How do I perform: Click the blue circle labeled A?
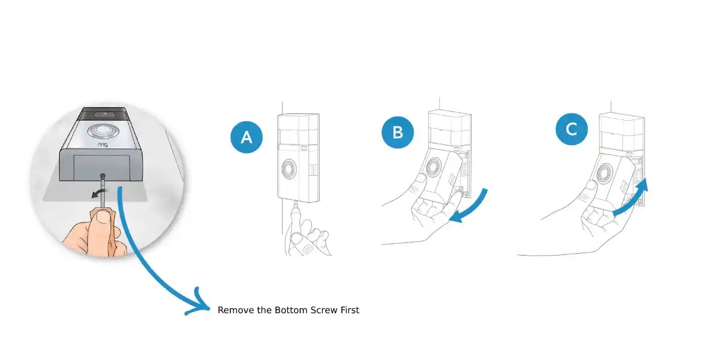click(247, 137)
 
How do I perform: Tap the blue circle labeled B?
click(398, 131)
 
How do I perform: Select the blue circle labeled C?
click(571, 129)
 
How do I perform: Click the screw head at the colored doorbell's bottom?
click(103, 177)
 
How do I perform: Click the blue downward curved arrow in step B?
click(473, 208)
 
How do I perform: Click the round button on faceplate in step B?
click(433, 170)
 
